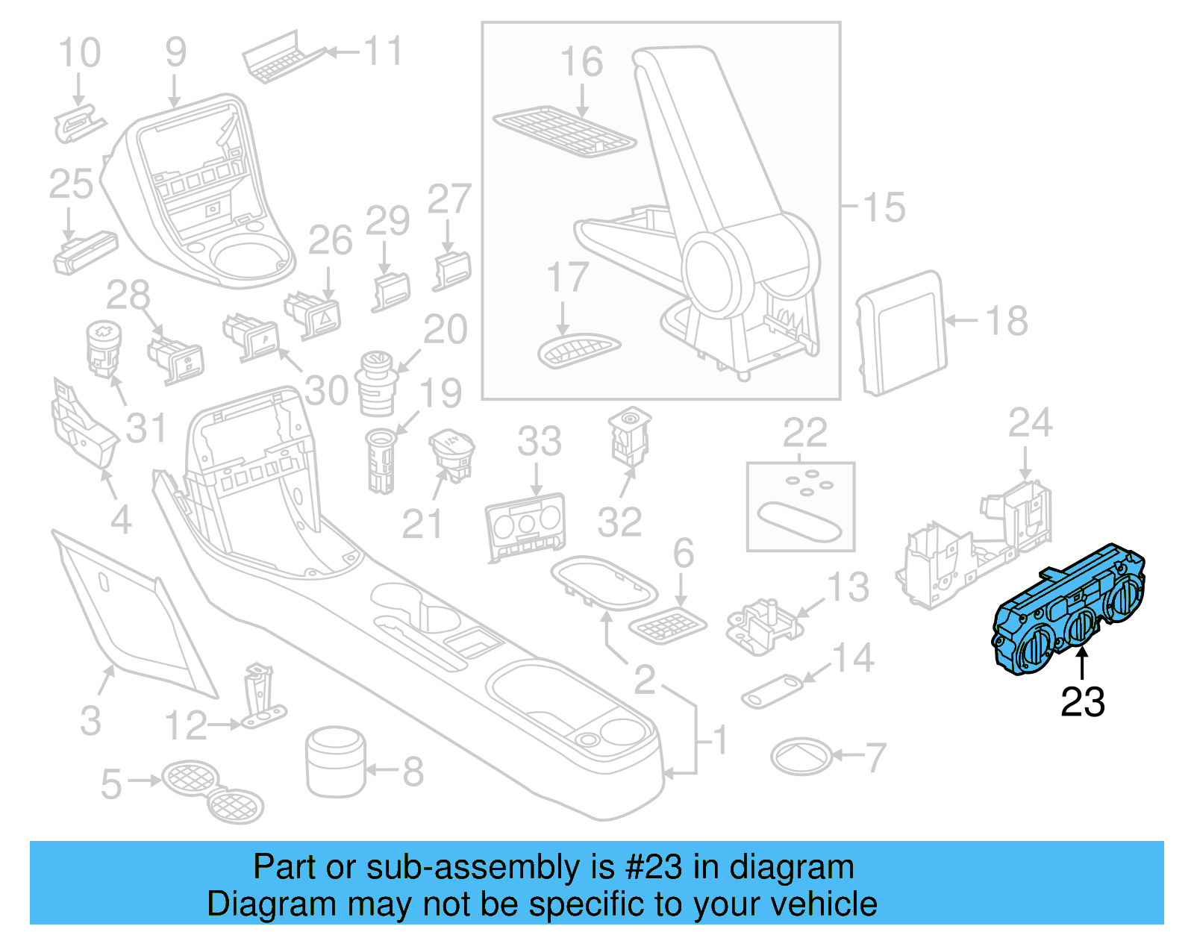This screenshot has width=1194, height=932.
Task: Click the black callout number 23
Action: click(1082, 702)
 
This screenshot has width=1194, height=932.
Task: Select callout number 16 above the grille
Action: click(581, 62)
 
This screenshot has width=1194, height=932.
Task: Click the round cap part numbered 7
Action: click(800, 757)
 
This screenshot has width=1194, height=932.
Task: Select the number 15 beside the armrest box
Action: click(884, 207)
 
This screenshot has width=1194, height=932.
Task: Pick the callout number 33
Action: click(539, 441)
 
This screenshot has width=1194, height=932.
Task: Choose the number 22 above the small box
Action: click(804, 433)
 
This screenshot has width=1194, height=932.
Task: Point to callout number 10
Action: click(79, 53)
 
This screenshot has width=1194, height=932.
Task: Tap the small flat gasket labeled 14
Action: click(772, 691)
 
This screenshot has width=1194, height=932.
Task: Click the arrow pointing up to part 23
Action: click(1082, 664)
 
